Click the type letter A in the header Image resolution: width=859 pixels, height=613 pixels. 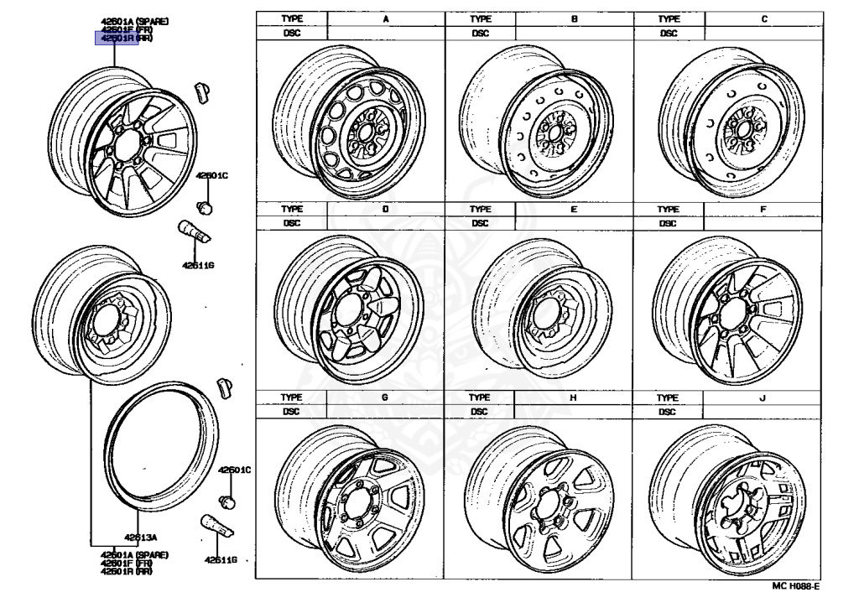click(x=385, y=18)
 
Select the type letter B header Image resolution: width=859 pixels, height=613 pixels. click(x=574, y=18)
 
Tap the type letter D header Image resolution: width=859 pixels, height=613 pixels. click(x=385, y=208)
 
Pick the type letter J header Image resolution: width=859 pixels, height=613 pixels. click(x=763, y=397)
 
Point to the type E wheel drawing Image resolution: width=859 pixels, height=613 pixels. click(x=538, y=307)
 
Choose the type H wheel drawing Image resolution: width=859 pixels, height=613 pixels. click(x=538, y=500)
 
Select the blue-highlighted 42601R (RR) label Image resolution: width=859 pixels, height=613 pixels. click(x=117, y=38)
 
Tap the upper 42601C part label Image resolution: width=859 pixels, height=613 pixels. click(x=211, y=175)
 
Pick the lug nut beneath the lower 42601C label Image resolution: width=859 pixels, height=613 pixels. click(x=226, y=501)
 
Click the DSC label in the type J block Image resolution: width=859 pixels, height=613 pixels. click(x=668, y=412)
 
